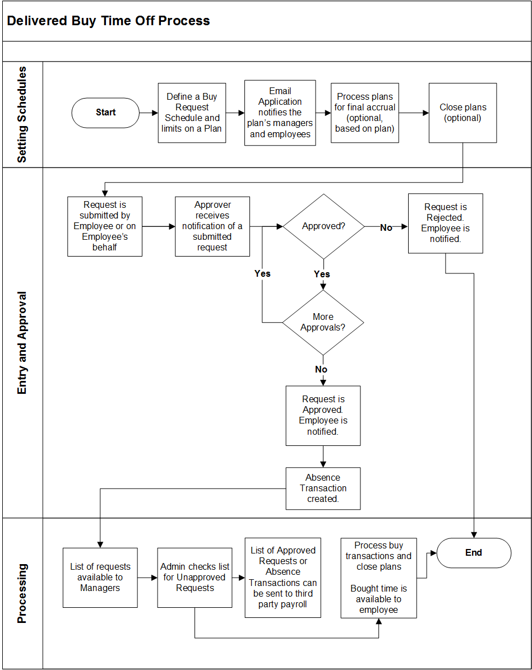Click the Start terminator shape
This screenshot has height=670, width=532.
(105, 113)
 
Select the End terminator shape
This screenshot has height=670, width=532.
(474, 553)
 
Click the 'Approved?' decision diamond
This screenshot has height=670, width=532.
(323, 227)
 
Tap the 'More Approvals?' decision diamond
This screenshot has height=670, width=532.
(323, 322)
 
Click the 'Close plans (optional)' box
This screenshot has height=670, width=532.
(462, 113)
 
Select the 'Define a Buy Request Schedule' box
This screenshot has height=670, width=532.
(192, 113)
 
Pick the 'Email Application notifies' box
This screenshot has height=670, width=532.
(280, 113)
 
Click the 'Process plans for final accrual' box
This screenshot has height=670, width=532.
(364, 113)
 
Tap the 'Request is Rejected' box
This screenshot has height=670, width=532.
(445, 223)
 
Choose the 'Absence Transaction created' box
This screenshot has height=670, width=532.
(323, 488)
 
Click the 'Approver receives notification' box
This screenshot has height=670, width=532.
(212, 226)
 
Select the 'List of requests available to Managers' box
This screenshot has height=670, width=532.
(100, 578)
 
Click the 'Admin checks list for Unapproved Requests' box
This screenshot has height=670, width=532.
(195, 578)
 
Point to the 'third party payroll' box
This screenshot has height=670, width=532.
(283, 578)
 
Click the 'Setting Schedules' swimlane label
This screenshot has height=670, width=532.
(22, 115)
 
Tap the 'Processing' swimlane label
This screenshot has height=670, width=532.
(22, 593)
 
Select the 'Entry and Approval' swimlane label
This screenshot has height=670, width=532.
(22, 342)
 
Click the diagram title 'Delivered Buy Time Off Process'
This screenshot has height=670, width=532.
(109, 21)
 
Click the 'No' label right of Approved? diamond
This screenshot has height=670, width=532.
(386, 227)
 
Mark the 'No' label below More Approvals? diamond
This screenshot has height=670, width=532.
(321, 370)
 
